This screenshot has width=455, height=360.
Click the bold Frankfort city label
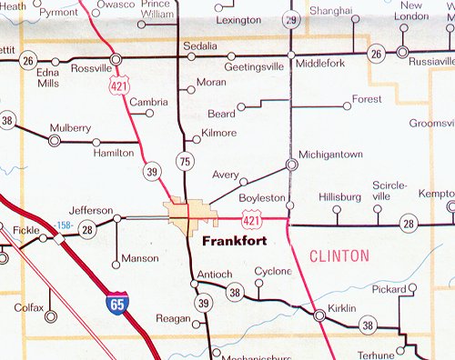pos(233,243)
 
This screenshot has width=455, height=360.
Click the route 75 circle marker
pos(186,162)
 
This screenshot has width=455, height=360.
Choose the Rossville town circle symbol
pos(116,60)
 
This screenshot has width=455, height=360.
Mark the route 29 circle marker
pos(290,19)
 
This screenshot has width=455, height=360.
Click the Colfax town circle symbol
pos(50,317)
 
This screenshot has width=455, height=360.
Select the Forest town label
pos(367,98)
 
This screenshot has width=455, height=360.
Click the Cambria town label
pos(148,102)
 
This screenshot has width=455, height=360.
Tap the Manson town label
pos(139,258)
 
